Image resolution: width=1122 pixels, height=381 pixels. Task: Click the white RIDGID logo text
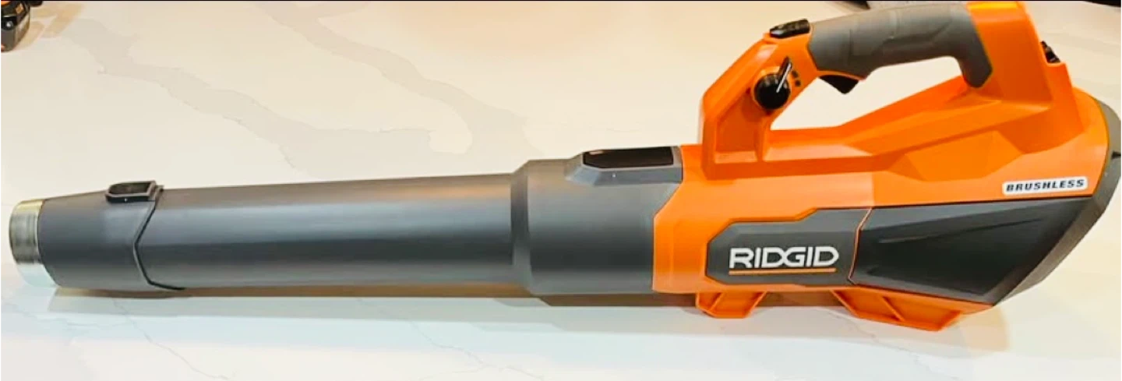click(x=784, y=257)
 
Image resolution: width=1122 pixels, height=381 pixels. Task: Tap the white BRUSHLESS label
click(x=1045, y=185)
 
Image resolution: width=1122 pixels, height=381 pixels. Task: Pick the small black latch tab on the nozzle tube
click(x=134, y=192)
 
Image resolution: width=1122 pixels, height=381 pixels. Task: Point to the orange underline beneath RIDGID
click(x=782, y=272)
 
